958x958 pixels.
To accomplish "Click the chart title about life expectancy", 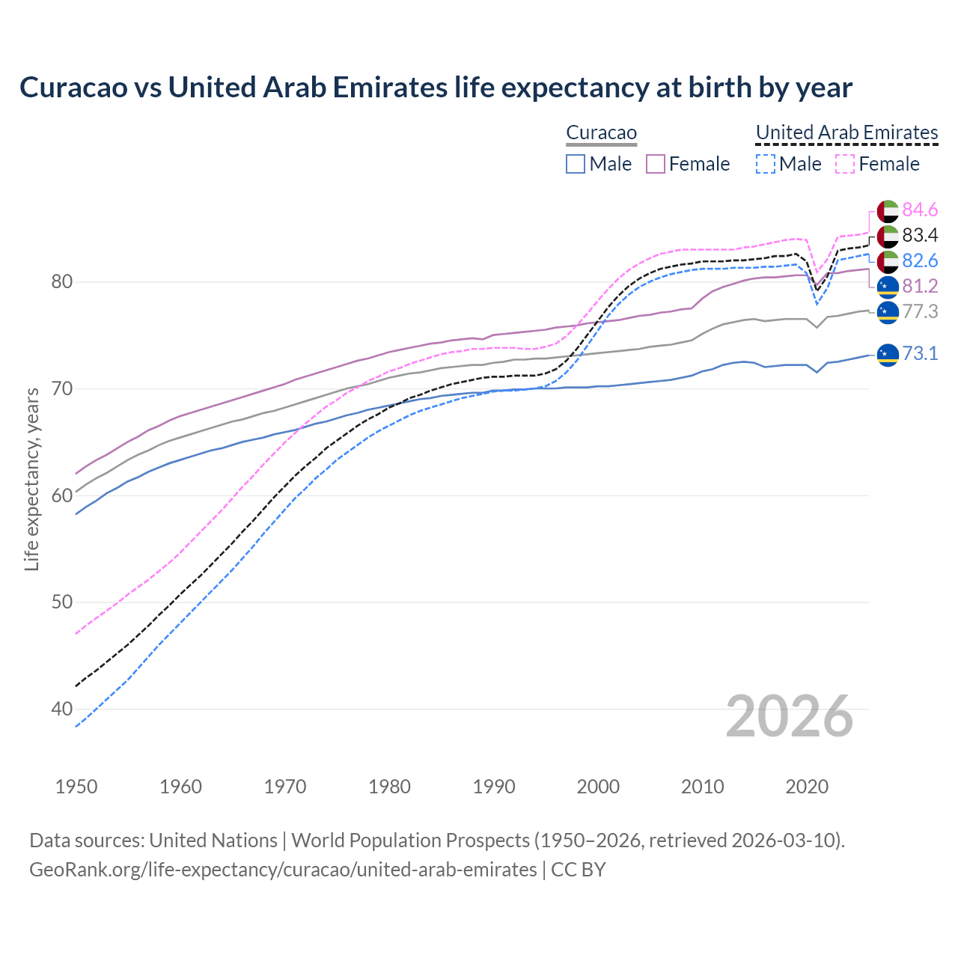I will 436,88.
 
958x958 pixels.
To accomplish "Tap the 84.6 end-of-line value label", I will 920,210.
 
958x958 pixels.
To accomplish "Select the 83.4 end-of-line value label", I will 920,236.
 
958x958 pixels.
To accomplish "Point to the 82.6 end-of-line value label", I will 920,261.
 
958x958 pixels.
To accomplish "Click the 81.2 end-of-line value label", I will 920,287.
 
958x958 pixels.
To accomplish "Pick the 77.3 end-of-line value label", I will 920,312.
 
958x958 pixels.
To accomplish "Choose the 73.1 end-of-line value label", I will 920,354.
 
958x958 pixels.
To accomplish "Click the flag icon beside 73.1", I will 888,354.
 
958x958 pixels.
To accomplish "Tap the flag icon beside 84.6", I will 888,211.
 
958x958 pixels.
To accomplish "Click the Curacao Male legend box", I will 575,164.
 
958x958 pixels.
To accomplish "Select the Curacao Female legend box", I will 656,164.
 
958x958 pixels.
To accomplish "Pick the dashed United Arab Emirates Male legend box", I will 765,164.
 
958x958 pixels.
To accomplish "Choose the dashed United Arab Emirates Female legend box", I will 845,164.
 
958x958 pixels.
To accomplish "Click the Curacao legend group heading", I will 601,132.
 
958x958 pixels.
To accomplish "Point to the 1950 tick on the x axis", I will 76,787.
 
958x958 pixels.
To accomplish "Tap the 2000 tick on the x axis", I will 598,787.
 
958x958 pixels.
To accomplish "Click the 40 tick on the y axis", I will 61,709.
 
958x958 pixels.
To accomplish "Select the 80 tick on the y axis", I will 61,282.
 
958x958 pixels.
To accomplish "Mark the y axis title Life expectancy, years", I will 32,479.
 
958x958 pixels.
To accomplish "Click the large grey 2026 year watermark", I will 790,716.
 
